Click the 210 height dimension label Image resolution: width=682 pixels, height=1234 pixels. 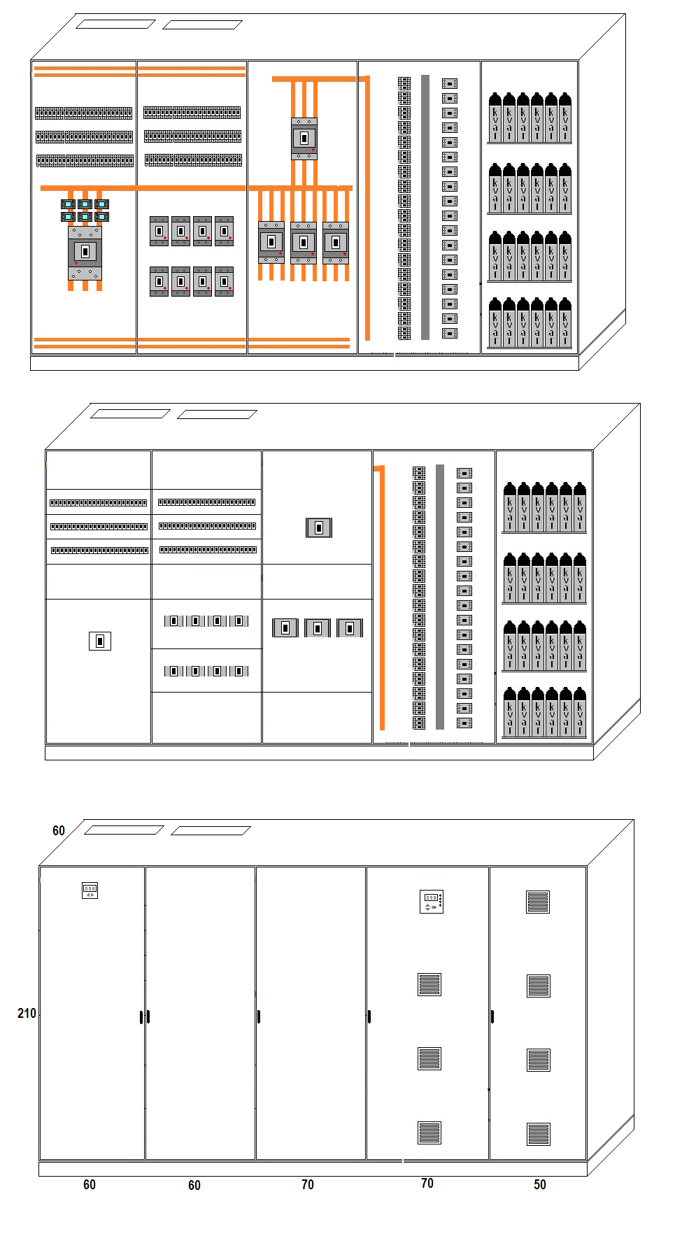[27, 1013]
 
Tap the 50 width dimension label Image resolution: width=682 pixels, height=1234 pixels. [539, 1184]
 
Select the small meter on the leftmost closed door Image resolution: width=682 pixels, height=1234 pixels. [90, 891]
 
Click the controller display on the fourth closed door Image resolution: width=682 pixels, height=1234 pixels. [432, 902]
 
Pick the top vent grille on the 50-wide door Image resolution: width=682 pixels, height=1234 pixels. [538, 902]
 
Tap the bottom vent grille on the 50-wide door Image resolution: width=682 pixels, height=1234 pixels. [538, 1133]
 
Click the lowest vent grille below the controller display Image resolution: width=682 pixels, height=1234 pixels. [429, 1133]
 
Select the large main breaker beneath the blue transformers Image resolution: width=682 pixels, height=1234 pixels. [85, 253]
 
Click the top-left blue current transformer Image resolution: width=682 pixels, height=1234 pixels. [68, 204]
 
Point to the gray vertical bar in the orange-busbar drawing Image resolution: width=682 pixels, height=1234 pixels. [425, 207]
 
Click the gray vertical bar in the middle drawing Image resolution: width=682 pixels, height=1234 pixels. [440, 597]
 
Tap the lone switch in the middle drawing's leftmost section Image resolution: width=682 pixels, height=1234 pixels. [100, 641]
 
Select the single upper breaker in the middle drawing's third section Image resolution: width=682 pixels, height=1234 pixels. [319, 527]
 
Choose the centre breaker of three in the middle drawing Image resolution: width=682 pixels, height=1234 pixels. [318, 628]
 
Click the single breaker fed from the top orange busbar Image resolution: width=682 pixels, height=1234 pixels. [304, 139]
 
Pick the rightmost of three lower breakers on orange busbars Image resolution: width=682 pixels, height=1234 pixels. [336, 243]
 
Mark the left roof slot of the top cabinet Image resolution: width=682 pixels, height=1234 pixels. [115, 24]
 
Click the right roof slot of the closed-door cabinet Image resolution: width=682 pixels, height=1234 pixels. [211, 830]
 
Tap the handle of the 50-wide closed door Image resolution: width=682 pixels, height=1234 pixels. [492, 1016]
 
